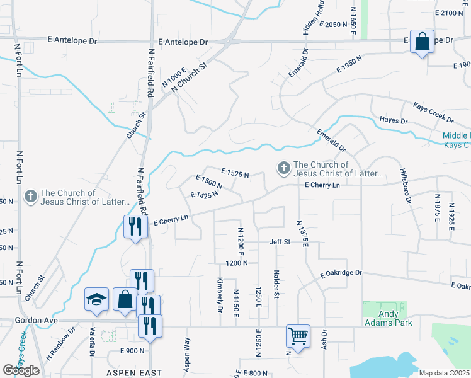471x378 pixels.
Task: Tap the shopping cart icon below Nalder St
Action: click(298, 335)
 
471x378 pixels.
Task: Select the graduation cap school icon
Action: click(97, 300)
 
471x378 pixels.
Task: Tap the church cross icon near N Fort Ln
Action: click(30, 197)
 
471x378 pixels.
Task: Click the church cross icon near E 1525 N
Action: click(283, 168)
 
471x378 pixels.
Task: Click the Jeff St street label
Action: click(280, 241)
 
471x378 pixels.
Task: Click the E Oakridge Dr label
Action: click(341, 273)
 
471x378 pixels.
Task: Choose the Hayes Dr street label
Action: click(394, 120)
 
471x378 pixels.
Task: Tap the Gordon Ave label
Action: click(36, 321)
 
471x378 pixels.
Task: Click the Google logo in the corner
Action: click(21, 370)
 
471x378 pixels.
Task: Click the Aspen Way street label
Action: click(187, 352)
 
